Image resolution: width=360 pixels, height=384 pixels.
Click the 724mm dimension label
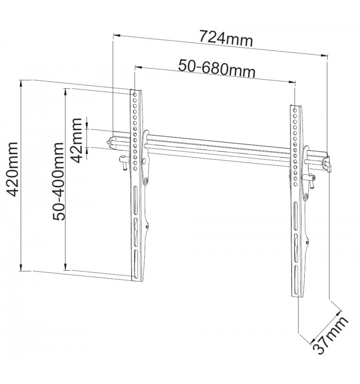(226, 38)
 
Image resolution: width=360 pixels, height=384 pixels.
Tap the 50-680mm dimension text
(217, 69)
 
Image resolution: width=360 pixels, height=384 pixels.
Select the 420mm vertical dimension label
(12, 169)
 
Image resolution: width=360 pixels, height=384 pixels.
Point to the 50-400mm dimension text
(59, 181)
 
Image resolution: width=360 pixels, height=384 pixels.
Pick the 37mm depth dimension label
(330, 335)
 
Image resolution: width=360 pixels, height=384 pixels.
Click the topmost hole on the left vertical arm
(135, 94)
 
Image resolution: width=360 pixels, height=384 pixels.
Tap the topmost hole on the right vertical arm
(295, 109)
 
